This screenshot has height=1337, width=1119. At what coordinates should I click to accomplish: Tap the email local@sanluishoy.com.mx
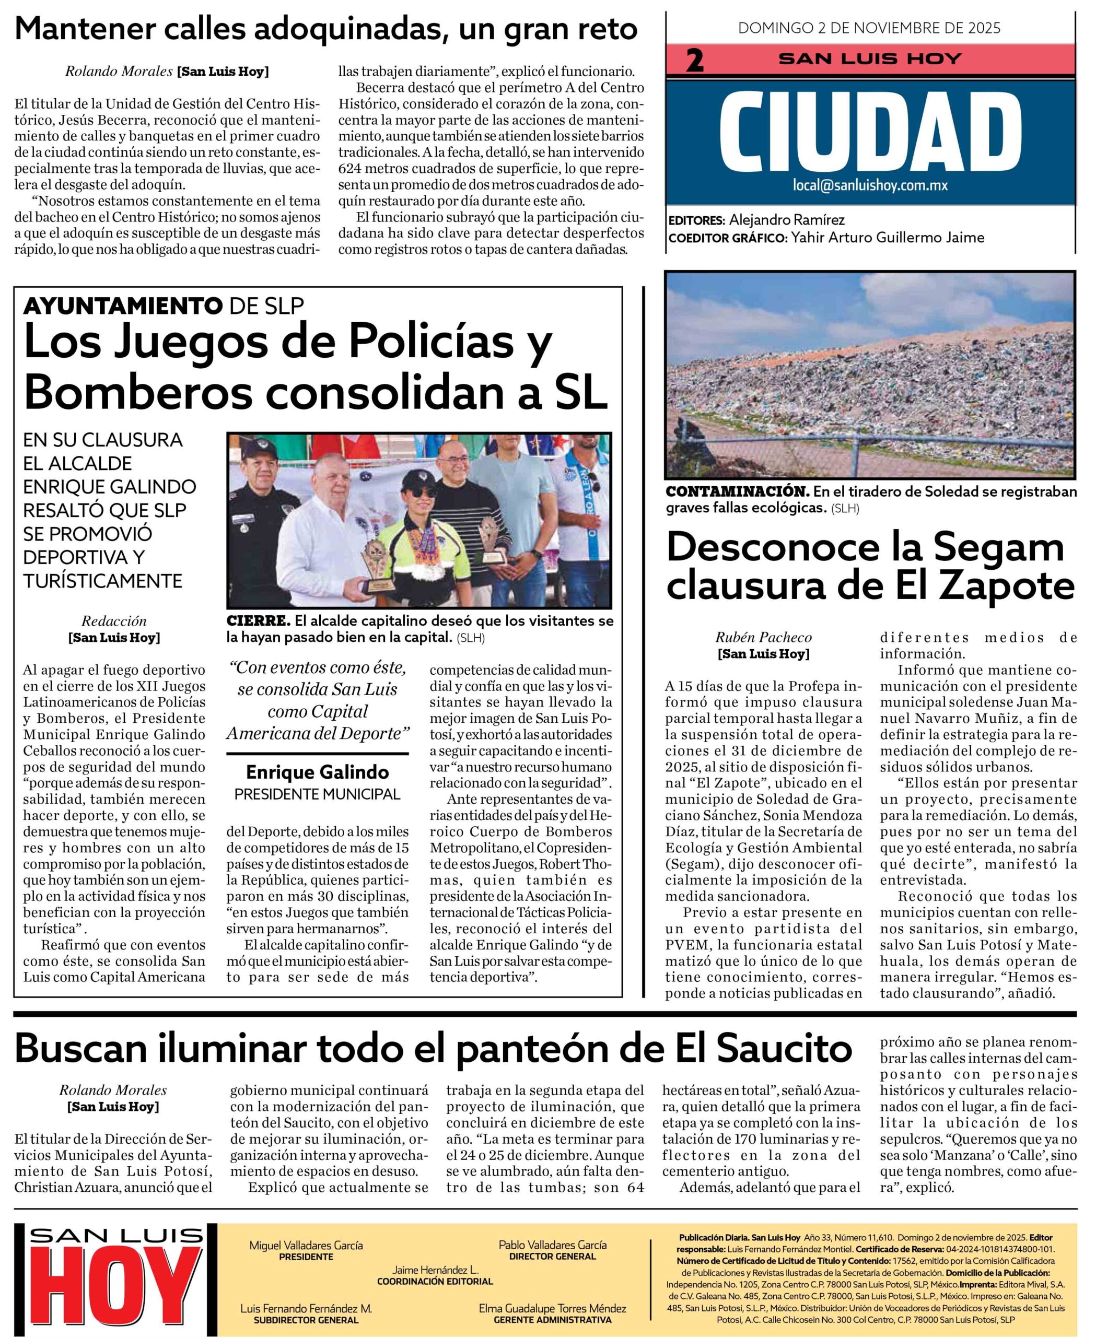click(870, 186)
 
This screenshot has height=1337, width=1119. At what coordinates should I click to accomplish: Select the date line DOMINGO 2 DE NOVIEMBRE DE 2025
click(869, 28)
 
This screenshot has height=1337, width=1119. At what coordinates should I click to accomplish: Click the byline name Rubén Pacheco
click(763, 637)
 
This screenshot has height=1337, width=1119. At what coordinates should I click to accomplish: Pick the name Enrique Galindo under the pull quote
click(317, 772)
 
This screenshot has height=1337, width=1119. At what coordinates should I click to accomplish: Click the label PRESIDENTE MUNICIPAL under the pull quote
click(317, 794)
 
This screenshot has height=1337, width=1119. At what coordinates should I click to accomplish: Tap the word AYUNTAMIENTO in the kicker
click(123, 306)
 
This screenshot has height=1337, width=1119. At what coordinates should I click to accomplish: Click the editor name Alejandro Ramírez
click(787, 220)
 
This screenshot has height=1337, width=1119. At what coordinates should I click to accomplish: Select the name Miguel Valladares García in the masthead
click(306, 1245)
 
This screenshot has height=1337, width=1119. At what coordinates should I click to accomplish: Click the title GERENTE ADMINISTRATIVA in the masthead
click(552, 1320)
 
